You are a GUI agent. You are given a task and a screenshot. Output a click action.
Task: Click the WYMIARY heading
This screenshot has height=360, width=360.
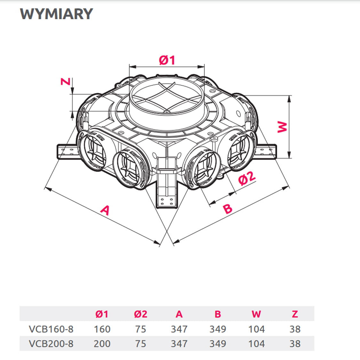tap(56, 14)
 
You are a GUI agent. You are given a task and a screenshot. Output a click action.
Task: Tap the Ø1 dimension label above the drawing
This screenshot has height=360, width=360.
tap(167, 60)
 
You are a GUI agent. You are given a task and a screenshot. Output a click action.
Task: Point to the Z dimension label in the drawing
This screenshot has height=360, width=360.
tap(66, 82)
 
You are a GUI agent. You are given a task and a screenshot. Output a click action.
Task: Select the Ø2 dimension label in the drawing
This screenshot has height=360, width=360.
tap(247, 178)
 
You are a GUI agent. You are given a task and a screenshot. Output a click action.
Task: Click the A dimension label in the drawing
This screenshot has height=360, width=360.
tap(105, 210)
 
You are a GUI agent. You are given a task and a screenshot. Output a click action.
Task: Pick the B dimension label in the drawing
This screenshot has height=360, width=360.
tap(228, 209)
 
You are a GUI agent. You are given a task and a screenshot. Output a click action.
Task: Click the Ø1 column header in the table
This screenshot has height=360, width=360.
tap(102, 314)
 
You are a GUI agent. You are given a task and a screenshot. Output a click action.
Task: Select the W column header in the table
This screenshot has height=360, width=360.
tap(256, 314)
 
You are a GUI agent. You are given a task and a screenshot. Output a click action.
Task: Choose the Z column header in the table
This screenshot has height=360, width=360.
tap(295, 314)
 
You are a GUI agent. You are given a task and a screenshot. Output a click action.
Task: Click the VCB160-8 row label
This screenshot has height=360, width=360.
tap(51, 329)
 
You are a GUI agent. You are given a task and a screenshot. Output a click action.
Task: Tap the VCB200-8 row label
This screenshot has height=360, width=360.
tap(51, 344)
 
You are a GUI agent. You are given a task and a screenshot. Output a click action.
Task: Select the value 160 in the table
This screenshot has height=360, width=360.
tap(102, 329)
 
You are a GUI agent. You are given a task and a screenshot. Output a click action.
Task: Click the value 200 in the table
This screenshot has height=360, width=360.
tap(102, 344)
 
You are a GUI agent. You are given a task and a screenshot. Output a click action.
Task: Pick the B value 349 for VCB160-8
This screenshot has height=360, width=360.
tap(218, 329)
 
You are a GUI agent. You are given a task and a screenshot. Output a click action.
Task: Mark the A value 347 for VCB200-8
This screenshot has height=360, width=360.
tap(179, 344)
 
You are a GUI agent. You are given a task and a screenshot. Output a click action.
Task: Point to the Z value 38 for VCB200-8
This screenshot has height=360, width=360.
tap(295, 344)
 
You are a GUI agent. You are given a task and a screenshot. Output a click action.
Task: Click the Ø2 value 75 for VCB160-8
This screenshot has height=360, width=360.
tap(140, 329)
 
